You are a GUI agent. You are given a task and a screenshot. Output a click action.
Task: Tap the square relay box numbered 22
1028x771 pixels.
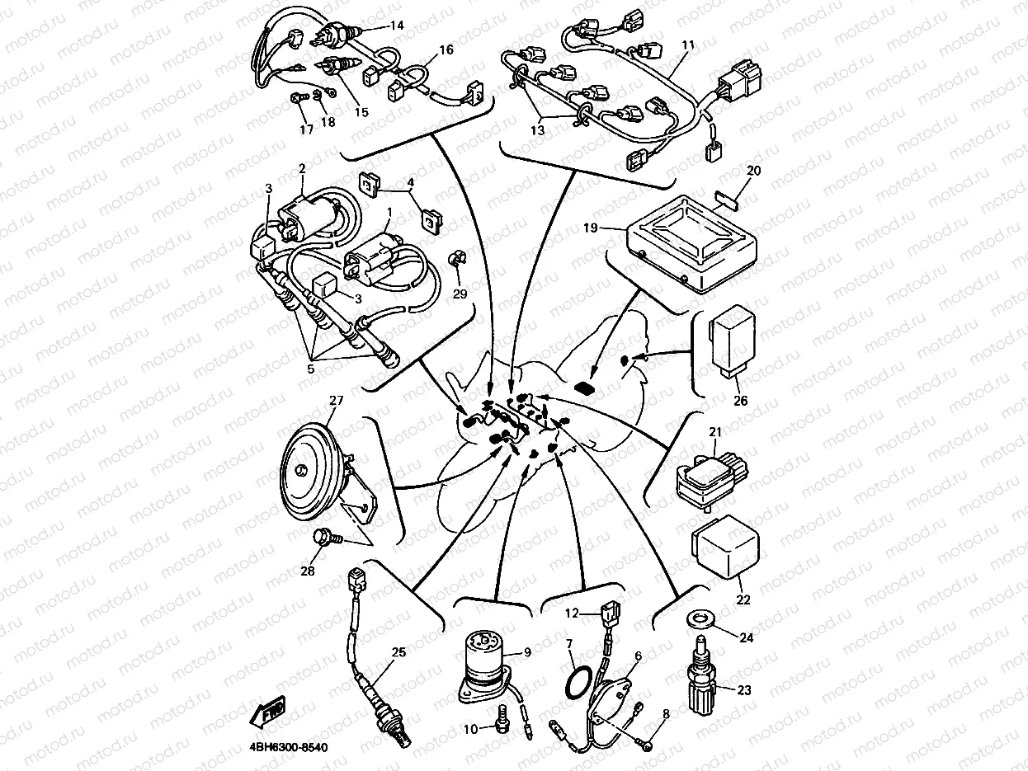click(x=724, y=548)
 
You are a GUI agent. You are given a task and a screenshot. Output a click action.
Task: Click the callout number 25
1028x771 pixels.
click(x=398, y=652)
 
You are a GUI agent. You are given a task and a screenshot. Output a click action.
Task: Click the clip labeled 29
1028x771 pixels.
click(x=455, y=260)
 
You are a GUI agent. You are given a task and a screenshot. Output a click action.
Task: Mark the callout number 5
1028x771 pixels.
click(x=311, y=369)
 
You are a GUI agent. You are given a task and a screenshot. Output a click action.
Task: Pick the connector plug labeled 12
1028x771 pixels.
click(x=609, y=614)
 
